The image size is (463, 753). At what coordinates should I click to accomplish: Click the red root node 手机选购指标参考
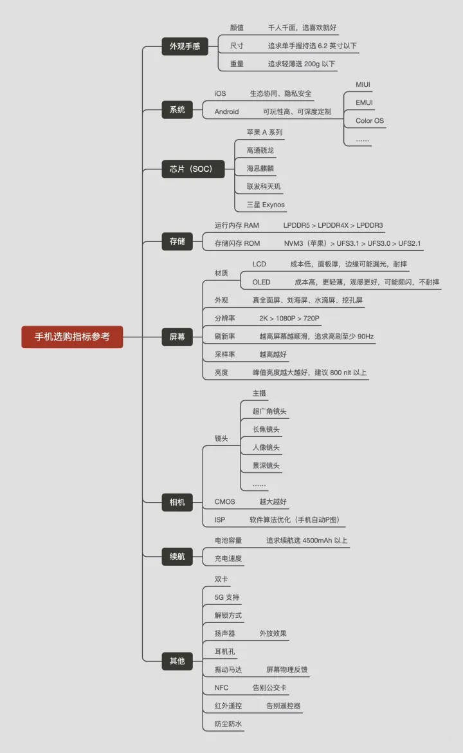pos(72,337)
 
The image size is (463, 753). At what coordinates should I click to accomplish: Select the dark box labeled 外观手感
pos(185,46)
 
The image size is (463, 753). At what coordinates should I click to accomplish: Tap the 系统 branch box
pos(177,109)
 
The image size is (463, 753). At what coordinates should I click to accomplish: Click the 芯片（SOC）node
pos(193,169)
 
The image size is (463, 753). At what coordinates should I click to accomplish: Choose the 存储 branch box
pos(177,241)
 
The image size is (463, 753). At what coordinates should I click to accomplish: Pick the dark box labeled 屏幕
pos(177,337)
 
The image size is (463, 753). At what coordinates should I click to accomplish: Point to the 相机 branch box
pos(177,502)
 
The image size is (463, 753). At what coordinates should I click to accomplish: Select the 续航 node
pos(177,556)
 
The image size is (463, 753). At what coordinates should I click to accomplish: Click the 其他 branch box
pos(177,661)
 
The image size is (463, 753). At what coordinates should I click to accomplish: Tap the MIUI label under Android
pos(363,84)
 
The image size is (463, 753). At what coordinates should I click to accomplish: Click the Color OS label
pos(370,120)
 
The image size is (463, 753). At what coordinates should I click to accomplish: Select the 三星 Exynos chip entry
pos(266,205)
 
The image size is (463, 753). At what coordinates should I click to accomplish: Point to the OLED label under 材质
pos(261,282)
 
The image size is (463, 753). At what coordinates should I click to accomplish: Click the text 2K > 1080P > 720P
pos(289,318)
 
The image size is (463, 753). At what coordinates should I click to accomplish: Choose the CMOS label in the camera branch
pos(224,501)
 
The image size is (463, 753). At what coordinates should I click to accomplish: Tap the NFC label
pos(221,688)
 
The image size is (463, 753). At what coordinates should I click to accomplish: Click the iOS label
pos(220,94)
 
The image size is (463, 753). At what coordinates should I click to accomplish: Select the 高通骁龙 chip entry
pos(260,151)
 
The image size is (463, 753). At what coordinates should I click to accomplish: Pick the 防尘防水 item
pos(228,723)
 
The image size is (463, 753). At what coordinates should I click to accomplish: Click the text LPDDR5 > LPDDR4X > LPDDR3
pos(333,225)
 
